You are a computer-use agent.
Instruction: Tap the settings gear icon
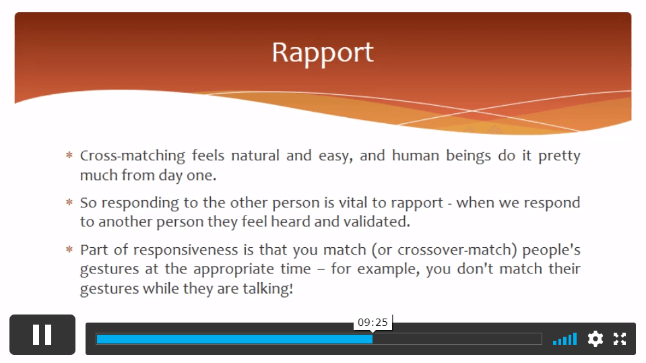[x=595, y=339]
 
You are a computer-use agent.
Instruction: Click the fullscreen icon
[x=620, y=339]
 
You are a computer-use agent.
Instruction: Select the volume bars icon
[x=564, y=339]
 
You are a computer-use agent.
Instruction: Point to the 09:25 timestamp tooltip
[x=373, y=322]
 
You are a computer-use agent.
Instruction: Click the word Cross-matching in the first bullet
[x=132, y=156]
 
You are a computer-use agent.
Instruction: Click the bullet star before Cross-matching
[x=69, y=155]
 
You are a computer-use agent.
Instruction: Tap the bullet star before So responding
[x=69, y=202]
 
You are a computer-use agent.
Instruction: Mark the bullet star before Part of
[x=69, y=249]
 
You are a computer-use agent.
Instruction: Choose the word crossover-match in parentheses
[x=455, y=251]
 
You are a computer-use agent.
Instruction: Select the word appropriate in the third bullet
[x=234, y=269]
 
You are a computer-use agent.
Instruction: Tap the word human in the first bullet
[x=415, y=156]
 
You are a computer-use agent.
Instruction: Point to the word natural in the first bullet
[x=255, y=156]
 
